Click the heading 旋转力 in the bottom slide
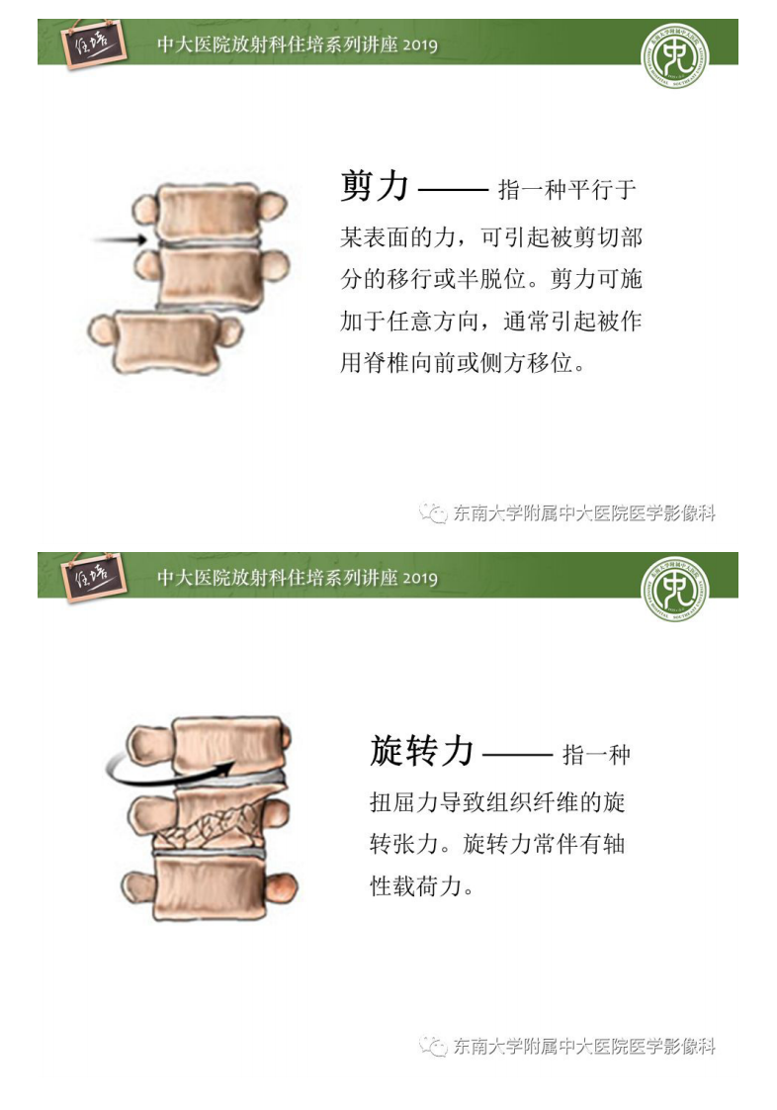(422, 751)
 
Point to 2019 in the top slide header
(420, 46)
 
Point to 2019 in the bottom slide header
(420, 579)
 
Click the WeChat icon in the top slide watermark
(433, 512)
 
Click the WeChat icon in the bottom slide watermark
(433, 1046)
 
